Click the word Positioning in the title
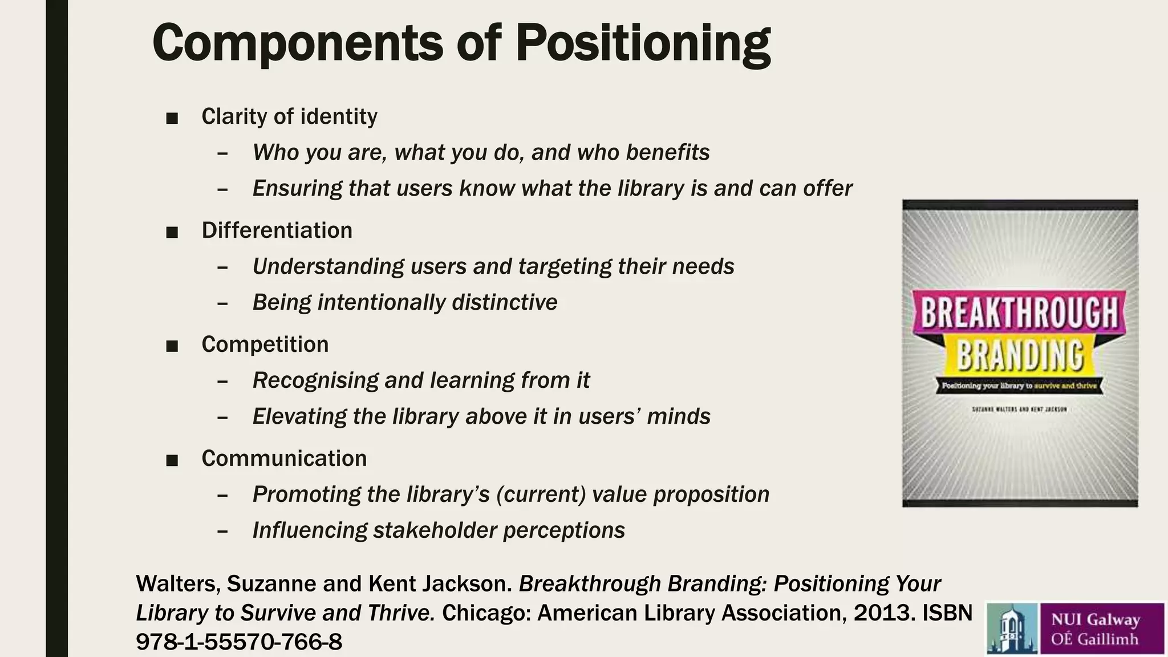[x=643, y=43]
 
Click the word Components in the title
[x=297, y=43]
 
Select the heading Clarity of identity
[x=289, y=116]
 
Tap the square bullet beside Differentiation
[x=172, y=232]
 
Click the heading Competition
[x=265, y=344]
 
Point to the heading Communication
[x=283, y=459]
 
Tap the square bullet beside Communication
[x=172, y=460]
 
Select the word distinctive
[x=504, y=302]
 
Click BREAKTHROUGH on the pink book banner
[x=1019, y=313]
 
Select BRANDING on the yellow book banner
[x=1020, y=355]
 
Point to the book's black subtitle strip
[x=1019, y=386]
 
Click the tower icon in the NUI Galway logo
[x=1012, y=628]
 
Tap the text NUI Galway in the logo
[x=1096, y=619]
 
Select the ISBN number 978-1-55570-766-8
[x=239, y=642]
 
